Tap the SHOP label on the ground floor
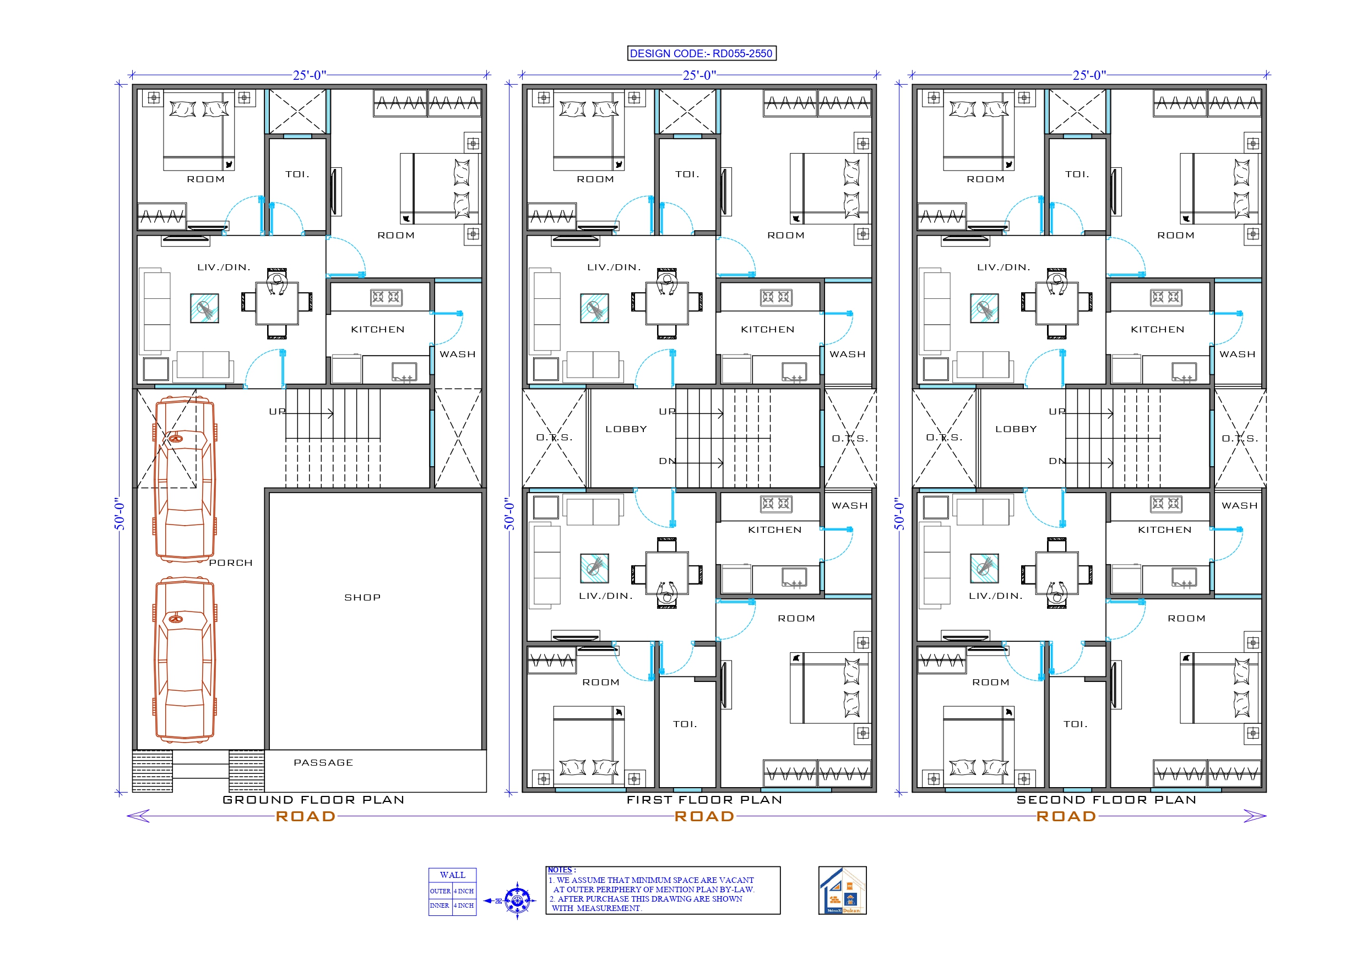(x=362, y=598)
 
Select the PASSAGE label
(x=323, y=762)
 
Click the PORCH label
(x=231, y=563)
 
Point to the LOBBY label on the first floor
(x=626, y=429)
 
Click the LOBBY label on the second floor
(x=1016, y=429)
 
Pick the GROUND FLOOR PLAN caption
(x=313, y=800)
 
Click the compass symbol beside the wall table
(x=517, y=900)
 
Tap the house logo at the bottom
(x=842, y=891)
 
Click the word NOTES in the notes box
(x=560, y=870)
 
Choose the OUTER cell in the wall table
(x=440, y=891)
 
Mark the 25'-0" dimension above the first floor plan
(x=699, y=75)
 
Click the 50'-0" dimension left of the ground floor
(x=120, y=514)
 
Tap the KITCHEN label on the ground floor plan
(x=377, y=330)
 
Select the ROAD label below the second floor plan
(x=1066, y=817)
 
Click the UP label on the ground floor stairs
(x=277, y=411)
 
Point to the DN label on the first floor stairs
(x=667, y=461)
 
